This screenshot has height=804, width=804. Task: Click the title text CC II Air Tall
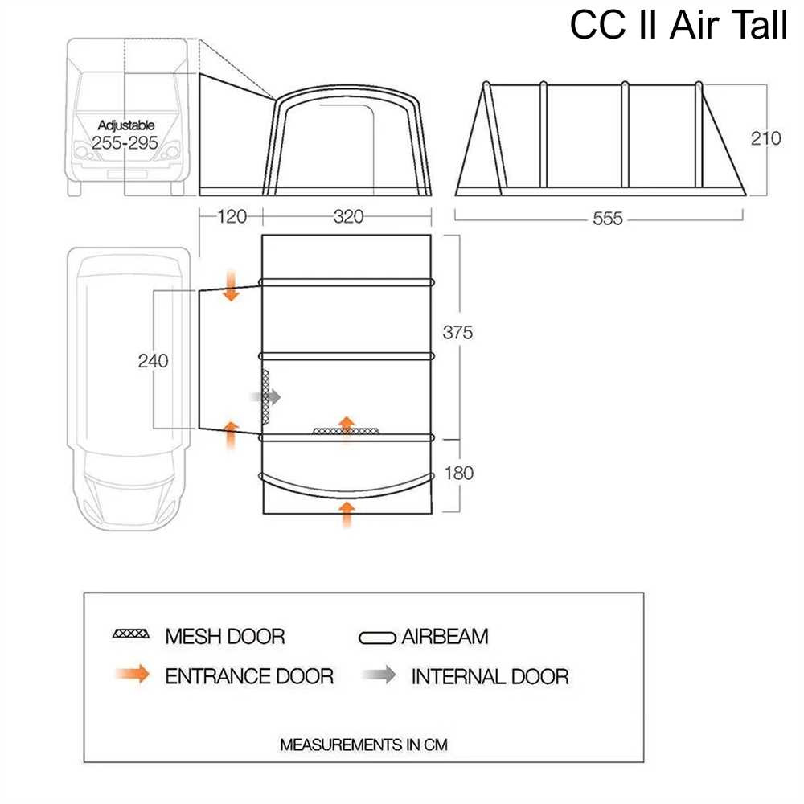tap(679, 25)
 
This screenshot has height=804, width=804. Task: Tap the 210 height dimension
tap(765, 137)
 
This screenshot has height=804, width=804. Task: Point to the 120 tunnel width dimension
tap(230, 217)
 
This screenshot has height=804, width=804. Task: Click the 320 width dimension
tap(348, 217)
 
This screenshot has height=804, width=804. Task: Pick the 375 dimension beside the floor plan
tap(457, 333)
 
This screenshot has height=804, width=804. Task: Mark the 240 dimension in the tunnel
tap(153, 360)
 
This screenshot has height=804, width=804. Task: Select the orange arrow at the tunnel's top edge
tap(232, 287)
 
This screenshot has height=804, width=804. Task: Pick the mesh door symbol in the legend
tap(131, 634)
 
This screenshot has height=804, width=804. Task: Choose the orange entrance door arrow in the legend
tap(132, 675)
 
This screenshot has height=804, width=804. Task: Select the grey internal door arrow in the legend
tap(379, 675)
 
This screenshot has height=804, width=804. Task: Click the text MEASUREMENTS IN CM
tap(363, 745)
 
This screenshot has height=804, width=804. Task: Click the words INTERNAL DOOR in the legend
tap(490, 676)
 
